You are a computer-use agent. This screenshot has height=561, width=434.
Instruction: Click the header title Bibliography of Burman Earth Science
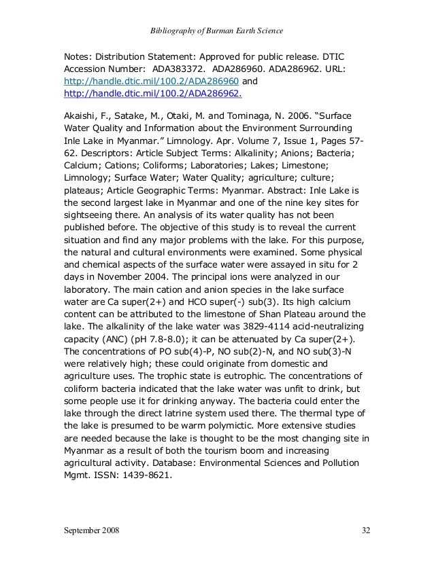[x=216, y=32]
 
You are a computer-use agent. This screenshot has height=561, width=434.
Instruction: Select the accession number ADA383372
[x=175, y=69]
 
